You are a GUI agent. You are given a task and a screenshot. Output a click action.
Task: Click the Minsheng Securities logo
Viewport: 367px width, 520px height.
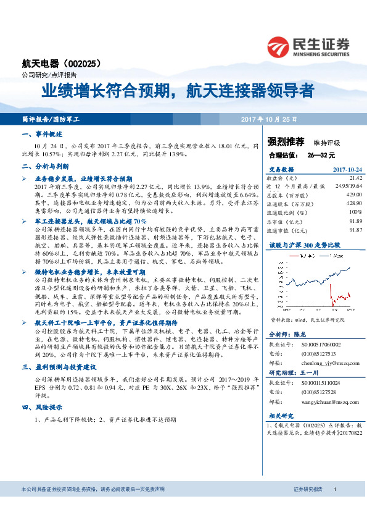coord(308,46)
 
